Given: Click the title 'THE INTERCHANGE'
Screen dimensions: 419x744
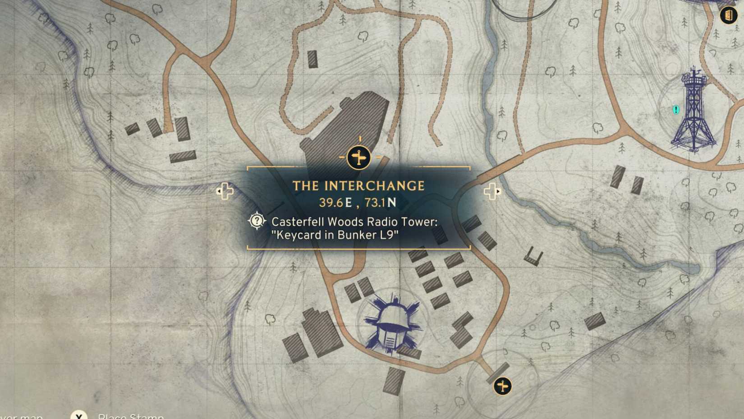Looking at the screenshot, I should tap(358, 186).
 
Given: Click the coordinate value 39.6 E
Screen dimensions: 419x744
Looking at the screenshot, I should tap(335, 203).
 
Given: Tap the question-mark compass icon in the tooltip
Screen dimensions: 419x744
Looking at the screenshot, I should tap(257, 221).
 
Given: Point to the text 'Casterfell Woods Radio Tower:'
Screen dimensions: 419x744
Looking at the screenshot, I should tap(354, 222).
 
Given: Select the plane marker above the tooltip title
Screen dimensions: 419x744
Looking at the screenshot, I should tap(359, 158).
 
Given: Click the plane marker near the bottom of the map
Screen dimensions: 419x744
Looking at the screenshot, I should tap(502, 386).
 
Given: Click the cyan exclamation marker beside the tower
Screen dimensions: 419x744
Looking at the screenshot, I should tap(675, 110).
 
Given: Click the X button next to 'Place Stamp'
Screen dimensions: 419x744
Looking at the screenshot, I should tap(78, 415).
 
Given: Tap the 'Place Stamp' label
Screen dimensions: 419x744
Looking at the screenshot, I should tap(131, 416).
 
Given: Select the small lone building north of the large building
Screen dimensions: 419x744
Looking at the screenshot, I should tap(312, 59).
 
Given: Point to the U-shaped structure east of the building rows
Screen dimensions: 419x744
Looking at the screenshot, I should tap(533, 257).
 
